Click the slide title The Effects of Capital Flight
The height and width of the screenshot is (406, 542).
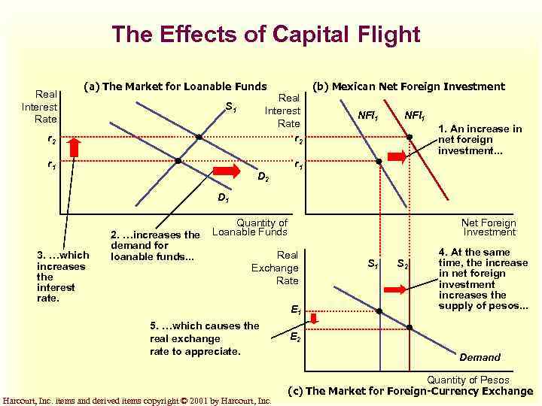[x=266, y=34]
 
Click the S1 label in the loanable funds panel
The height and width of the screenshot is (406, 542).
[x=231, y=109]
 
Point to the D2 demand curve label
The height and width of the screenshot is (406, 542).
[x=263, y=178]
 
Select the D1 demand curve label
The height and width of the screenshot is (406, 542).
[x=223, y=198]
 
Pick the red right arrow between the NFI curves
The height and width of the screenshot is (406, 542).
[x=397, y=156]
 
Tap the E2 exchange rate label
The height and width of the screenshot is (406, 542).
[x=296, y=338]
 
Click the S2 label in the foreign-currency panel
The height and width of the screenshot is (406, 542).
[x=403, y=263]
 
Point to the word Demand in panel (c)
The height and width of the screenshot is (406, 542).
[x=480, y=357]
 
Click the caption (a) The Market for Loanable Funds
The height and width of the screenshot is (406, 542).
[x=175, y=86]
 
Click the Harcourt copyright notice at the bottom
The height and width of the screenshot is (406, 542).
[x=137, y=401]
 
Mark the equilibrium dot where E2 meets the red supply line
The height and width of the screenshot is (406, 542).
[x=410, y=327]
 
